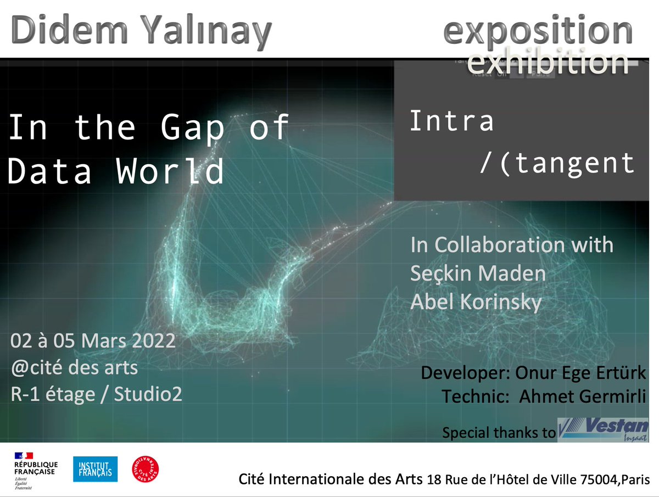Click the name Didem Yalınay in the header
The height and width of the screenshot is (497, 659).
[x=141, y=30]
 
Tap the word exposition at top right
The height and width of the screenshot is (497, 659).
[x=538, y=30]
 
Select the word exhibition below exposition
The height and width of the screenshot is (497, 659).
[x=547, y=63]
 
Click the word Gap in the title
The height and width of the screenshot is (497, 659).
[x=192, y=127]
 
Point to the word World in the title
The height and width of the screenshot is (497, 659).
[x=170, y=171]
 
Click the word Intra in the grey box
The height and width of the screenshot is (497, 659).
[x=451, y=121]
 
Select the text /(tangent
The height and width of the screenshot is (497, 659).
[x=557, y=163]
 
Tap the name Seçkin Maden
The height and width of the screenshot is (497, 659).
[x=478, y=273]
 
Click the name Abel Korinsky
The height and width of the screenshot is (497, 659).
[x=476, y=302]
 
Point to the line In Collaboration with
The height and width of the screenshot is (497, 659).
[x=512, y=245]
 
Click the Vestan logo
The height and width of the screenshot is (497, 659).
[x=603, y=429]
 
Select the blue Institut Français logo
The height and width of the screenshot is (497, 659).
[x=95, y=469]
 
